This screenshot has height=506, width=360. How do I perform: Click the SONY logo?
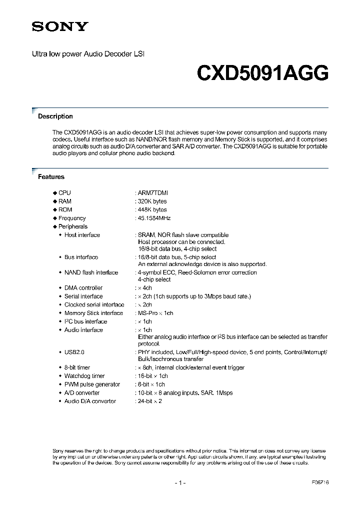pos(60,26)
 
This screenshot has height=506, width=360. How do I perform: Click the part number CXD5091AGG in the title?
pos(262,73)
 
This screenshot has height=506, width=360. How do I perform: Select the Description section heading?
pos(55,116)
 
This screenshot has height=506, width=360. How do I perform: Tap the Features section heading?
pos(51,177)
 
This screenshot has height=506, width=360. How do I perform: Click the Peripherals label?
pos(73,227)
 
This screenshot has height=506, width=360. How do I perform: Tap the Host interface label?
pos(82,235)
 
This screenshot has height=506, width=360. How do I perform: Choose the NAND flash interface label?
pos(91,273)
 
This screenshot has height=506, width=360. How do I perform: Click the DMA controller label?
pos(83,288)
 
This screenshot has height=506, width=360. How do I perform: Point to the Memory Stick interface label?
pos(93,313)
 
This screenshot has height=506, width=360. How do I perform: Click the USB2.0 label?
pos(74,352)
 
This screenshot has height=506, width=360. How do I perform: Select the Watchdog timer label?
pos(84,376)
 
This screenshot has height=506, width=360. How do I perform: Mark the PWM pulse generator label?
pos(92,384)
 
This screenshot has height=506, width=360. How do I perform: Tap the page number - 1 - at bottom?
pos(180,483)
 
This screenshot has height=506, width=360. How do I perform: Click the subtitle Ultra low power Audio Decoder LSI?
pos(88,52)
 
